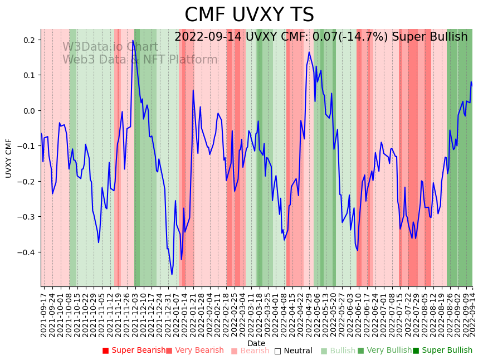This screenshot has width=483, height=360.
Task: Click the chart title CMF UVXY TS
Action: click(249, 15)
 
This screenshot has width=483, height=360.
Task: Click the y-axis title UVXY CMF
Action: click(9, 158)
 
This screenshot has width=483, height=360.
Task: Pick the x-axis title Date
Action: click(256, 343)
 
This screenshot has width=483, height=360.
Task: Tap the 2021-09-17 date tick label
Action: click(43, 313)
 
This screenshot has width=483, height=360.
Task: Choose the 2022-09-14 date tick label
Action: click(473, 313)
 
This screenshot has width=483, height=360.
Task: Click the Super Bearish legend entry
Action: click(134, 351)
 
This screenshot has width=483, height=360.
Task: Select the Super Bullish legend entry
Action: click(442, 351)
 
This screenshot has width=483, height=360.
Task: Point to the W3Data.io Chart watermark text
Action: click(110, 47)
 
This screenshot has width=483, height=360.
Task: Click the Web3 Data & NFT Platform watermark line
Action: click(140, 60)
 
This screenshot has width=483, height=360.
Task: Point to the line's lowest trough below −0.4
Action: click(172, 274)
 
